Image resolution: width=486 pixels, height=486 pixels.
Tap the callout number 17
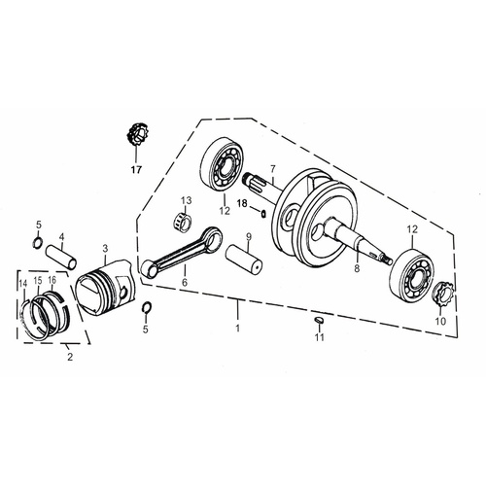[x=136, y=166]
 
